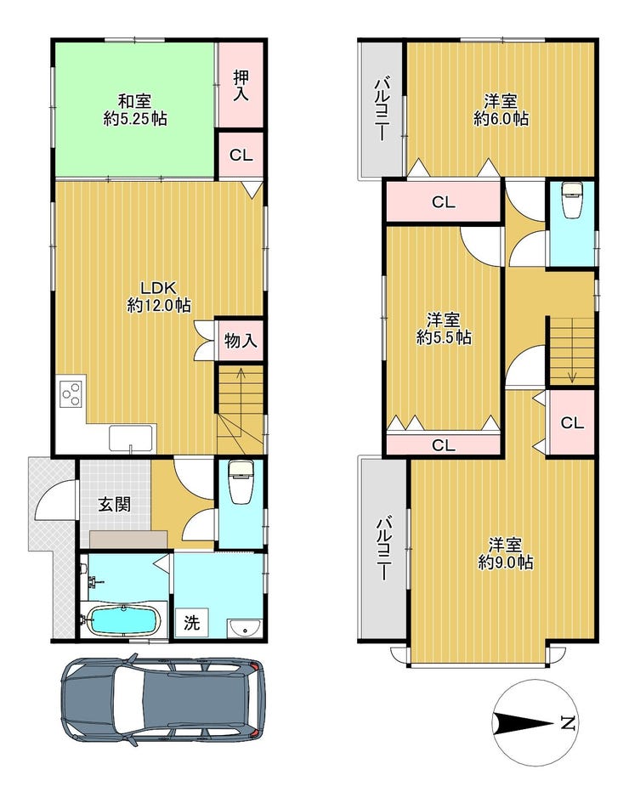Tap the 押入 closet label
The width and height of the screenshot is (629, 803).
tap(241, 85)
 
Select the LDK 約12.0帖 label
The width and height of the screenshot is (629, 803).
tap(159, 297)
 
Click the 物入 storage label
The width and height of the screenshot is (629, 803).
tap(241, 340)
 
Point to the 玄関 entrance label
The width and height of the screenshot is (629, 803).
tap(114, 505)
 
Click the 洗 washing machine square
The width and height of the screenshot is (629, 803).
tap(191, 622)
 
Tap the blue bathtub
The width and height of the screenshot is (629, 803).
tap(123, 620)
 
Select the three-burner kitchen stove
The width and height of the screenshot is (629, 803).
tap(71, 393)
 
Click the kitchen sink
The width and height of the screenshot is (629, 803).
tap(132, 439)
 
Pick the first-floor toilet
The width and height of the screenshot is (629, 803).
tap(240, 482)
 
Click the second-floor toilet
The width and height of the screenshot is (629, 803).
tap(572, 199)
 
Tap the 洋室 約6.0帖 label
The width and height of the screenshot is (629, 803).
tap(501, 110)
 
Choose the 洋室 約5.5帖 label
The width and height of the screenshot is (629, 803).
tap(444, 329)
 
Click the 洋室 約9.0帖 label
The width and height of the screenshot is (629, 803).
tap(505, 553)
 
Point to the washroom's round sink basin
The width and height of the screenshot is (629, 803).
tap(245, 627)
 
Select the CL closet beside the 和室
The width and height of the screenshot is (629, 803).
tap(241, 156)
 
